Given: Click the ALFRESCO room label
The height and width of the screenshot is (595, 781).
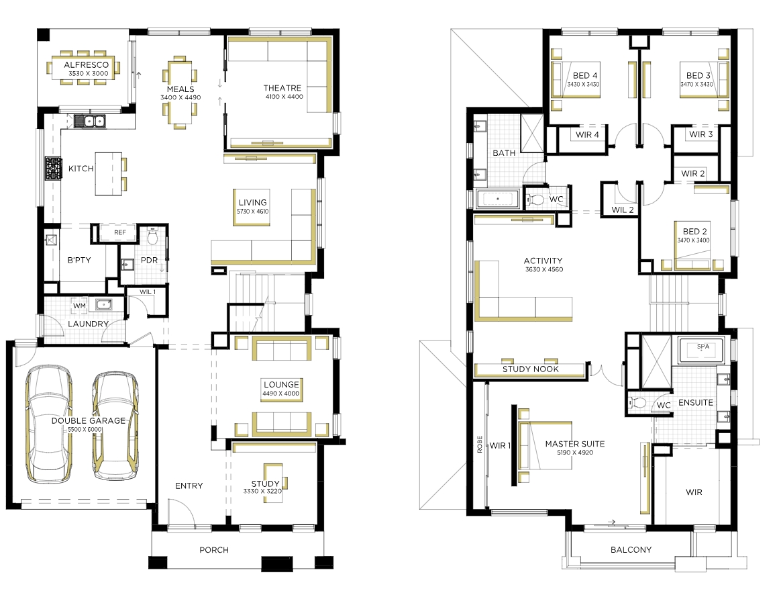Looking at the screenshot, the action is [86, 64].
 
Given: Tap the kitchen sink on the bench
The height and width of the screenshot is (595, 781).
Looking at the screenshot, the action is [90, 121].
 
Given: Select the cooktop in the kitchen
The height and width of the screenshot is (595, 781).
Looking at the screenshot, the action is [54, 169].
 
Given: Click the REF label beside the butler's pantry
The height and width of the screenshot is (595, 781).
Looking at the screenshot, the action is [120, 233].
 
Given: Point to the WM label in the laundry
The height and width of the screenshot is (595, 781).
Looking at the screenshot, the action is [80, 306].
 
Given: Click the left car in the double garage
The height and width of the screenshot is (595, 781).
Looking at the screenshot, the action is [49, 424].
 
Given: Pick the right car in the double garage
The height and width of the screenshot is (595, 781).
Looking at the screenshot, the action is [115, 426].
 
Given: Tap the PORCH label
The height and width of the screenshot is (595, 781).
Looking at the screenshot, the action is [214, 549].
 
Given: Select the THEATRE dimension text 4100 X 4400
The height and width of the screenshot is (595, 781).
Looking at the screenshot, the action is [284, 97].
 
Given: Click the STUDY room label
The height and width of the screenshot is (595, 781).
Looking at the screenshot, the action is [266, 484].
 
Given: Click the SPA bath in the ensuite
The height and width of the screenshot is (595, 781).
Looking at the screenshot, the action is [702, 349].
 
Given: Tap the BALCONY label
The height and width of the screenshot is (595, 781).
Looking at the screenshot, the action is [631, 549].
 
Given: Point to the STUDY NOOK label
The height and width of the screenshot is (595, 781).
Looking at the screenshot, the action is [531, 369].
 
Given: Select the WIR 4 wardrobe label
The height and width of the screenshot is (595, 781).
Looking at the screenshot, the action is [587, 134].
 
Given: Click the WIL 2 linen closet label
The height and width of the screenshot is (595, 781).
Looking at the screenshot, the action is [623, 210].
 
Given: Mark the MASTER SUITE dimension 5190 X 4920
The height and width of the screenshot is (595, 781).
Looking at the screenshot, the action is [575, 453].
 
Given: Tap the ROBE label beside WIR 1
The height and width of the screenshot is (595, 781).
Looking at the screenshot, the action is [480, 444].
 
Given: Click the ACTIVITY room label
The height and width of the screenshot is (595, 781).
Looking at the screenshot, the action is [543, 261].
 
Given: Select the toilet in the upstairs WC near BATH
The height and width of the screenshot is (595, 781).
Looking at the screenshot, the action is [536, 200].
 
